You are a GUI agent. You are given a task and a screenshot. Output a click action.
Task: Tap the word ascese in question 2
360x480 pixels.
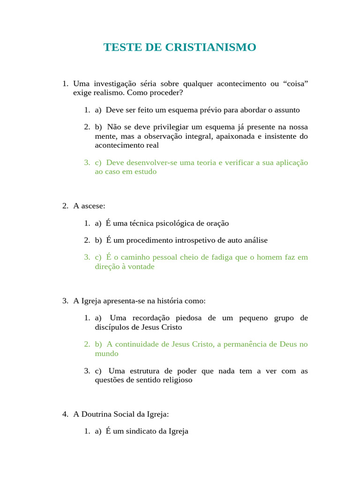pos(92,206)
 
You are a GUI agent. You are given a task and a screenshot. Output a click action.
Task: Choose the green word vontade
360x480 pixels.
pos(139,267)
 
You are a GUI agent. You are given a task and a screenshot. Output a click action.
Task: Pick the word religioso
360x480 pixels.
pos(176,380)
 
